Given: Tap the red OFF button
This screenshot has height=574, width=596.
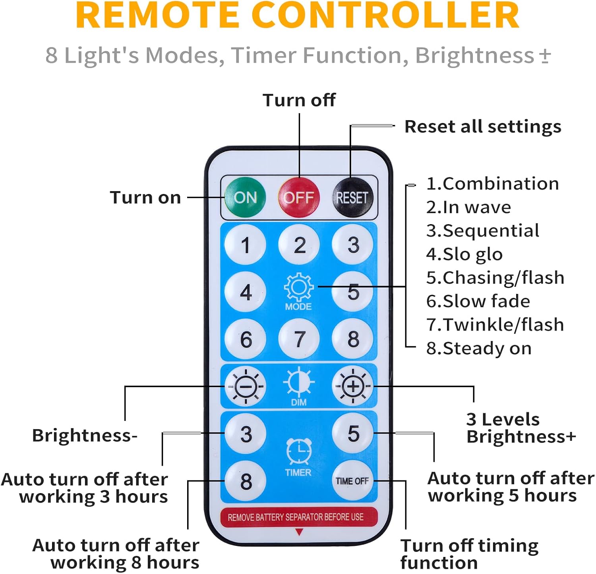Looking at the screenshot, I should pos(299,197).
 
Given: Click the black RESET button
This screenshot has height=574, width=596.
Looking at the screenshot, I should pos(352,197).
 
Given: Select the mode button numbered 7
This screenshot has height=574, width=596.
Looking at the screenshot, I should pos(299,339).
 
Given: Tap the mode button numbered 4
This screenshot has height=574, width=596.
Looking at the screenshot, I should pos(246,292).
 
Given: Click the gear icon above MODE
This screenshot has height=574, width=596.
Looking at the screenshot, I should pos(298,286).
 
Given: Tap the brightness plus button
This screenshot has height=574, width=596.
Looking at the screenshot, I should pos(352,386).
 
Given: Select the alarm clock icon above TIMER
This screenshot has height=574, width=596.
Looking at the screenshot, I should pos(299,451).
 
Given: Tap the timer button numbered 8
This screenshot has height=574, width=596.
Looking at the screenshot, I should pos(246,481).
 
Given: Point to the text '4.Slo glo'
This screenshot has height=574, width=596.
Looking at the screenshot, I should pos(464,254).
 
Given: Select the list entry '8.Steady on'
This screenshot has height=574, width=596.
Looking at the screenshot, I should pos(478,348).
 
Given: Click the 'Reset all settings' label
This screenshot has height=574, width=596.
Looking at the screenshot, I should pos(482,127).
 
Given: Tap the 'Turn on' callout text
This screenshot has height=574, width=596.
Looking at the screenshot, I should pos(145,197).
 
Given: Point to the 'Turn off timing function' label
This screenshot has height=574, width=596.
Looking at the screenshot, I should pos(469,554).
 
